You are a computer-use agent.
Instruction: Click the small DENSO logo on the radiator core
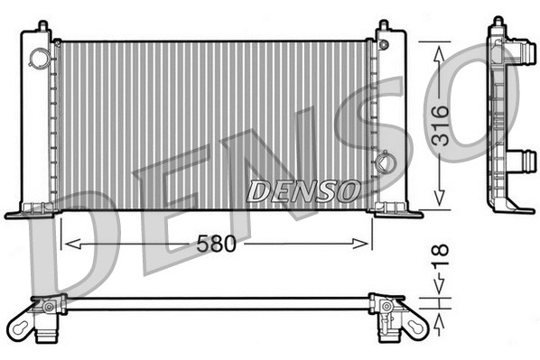click(x=304, y=190)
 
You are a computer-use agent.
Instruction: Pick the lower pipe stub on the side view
click(x=516, y=162)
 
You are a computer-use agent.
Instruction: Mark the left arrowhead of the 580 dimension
click(x=64, y=244)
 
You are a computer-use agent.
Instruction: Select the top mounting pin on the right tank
click(x=384, y=24)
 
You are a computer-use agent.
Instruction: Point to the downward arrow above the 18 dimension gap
click(x=440, y=287)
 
